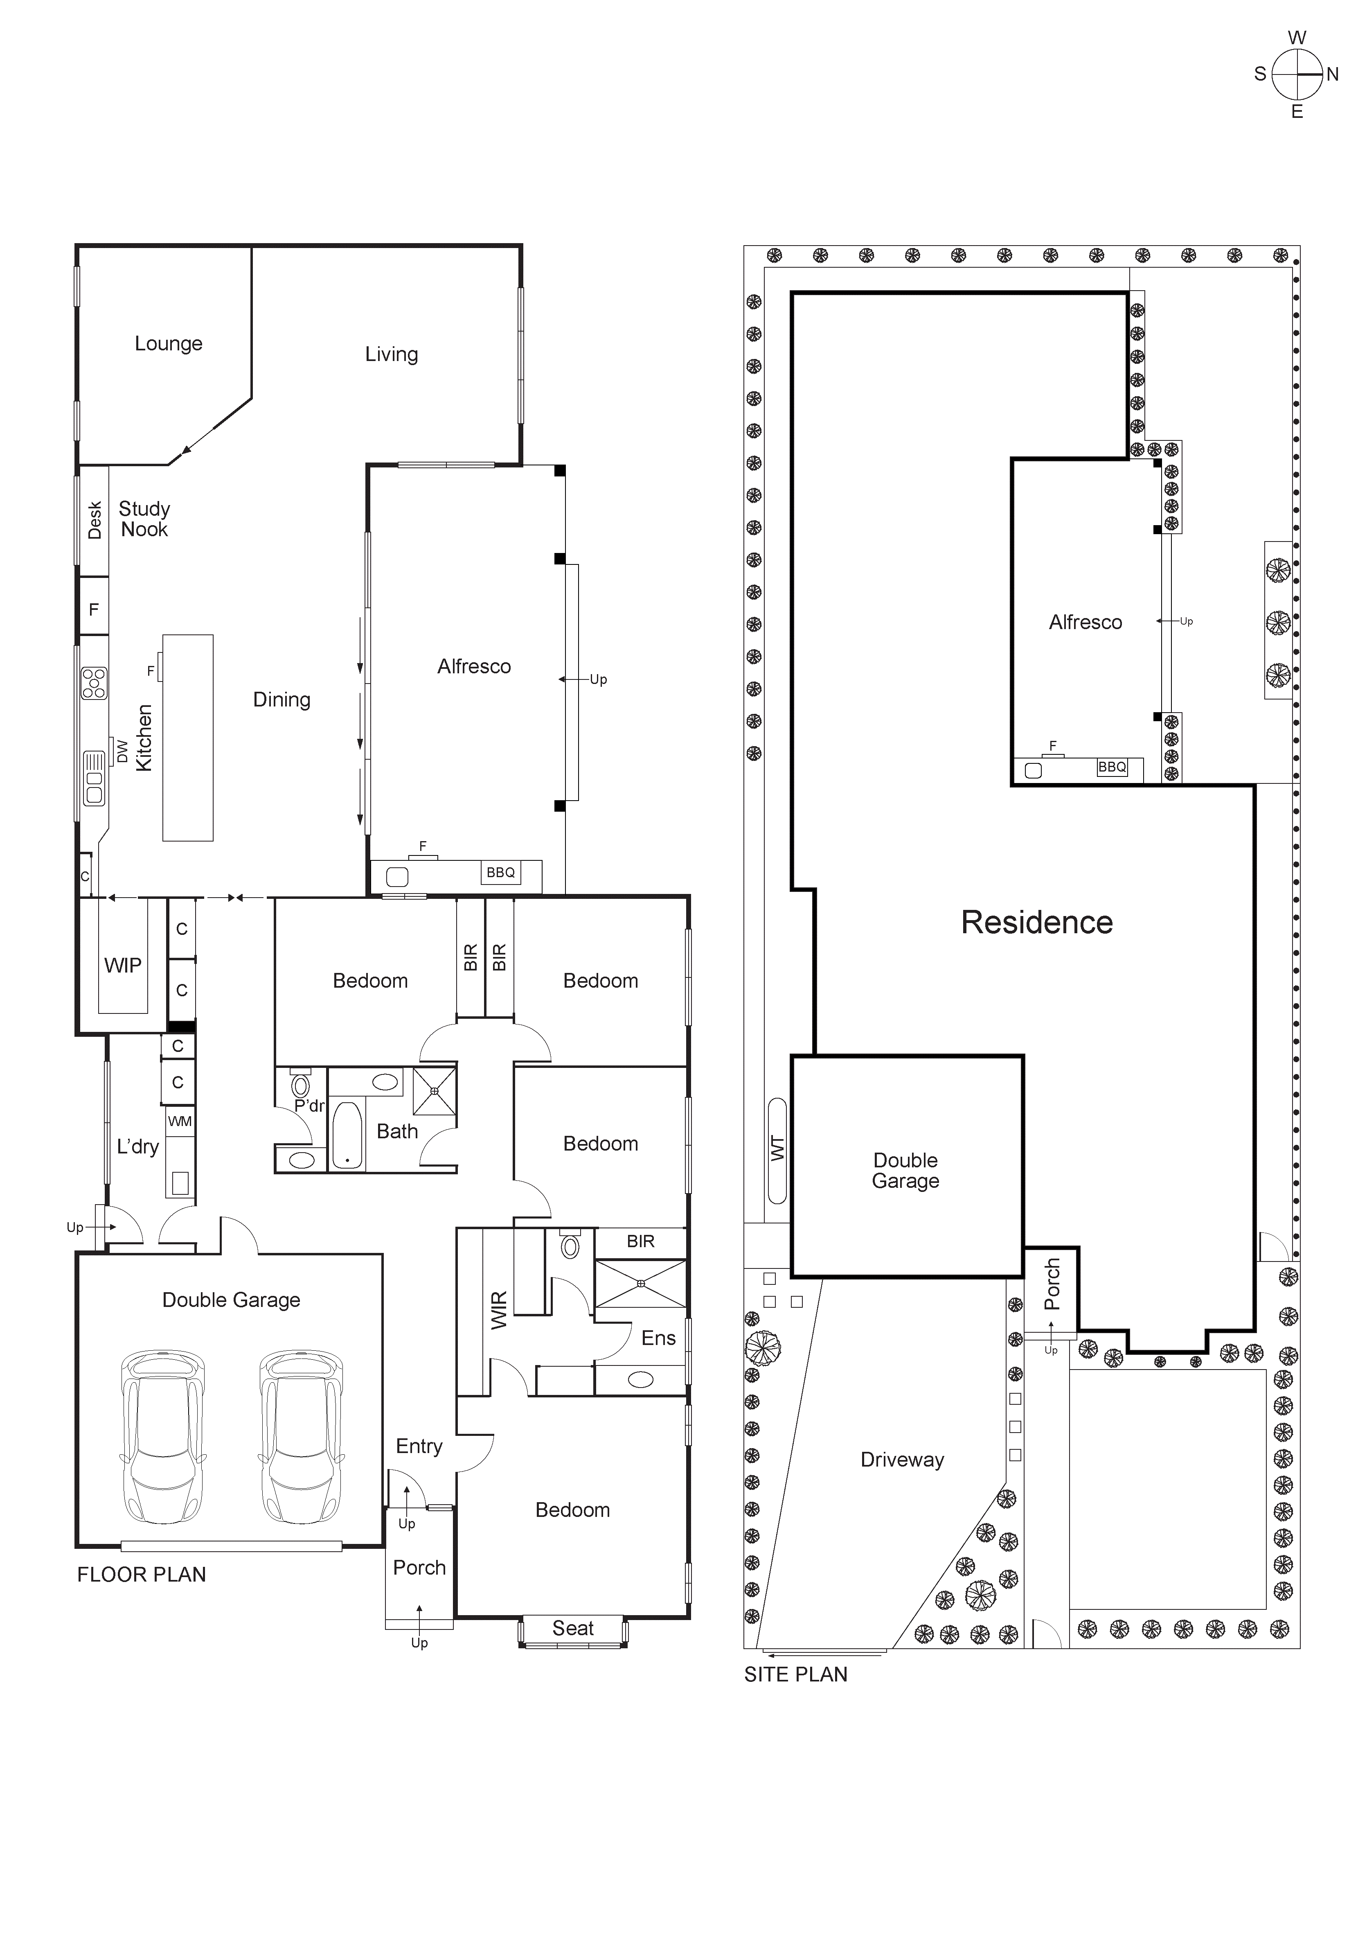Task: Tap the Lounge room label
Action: click(x=169, y=344)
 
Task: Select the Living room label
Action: click(x=391, y=354)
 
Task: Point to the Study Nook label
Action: click(x=144, y=519)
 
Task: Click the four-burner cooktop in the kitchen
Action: click(x=93, y=683)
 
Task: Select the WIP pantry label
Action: click(x=123, y=965)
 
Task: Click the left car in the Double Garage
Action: click(x=162, y=1438)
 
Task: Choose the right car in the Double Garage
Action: click(x=301, y=1438)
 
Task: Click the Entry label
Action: click(x=419, y=1446)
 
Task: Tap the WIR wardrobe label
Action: click(x=499, y=1311)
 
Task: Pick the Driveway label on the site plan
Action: click(x=902, y=1460)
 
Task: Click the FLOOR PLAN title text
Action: click(x=142, y=1574)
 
